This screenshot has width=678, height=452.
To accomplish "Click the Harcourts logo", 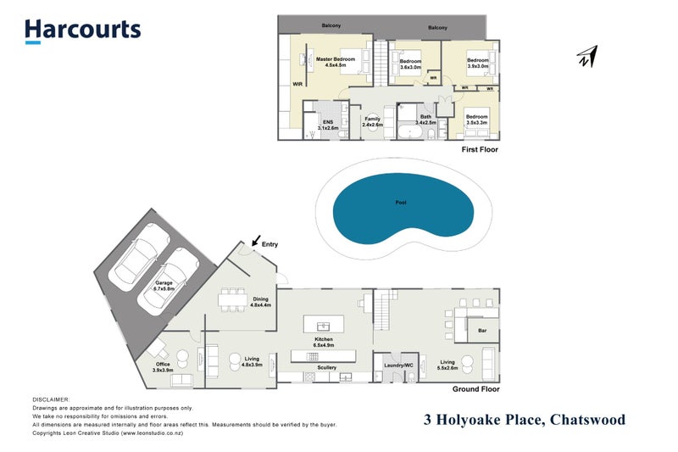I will (82, 31).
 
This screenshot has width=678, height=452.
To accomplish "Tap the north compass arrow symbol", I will (586, 58).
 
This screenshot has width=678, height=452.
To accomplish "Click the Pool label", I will (401, 204).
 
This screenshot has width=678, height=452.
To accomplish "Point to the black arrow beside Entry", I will (256, 242).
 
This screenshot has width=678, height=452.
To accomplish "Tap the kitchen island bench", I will (322, 326).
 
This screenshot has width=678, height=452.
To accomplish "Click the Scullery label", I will (325, 367).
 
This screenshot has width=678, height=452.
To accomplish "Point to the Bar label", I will (481, 331).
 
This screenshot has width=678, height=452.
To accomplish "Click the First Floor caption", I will (480, 149).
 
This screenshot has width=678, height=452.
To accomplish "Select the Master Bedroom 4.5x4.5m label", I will (336, 62).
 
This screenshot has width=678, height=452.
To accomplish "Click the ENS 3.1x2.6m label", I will (326, 125).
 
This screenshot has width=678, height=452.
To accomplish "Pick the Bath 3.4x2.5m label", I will (425, 120).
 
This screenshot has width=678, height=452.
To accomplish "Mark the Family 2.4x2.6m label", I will (373, 121).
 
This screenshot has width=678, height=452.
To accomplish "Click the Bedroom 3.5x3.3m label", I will (477, 120).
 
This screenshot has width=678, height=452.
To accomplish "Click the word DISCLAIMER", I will (51, 398).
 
